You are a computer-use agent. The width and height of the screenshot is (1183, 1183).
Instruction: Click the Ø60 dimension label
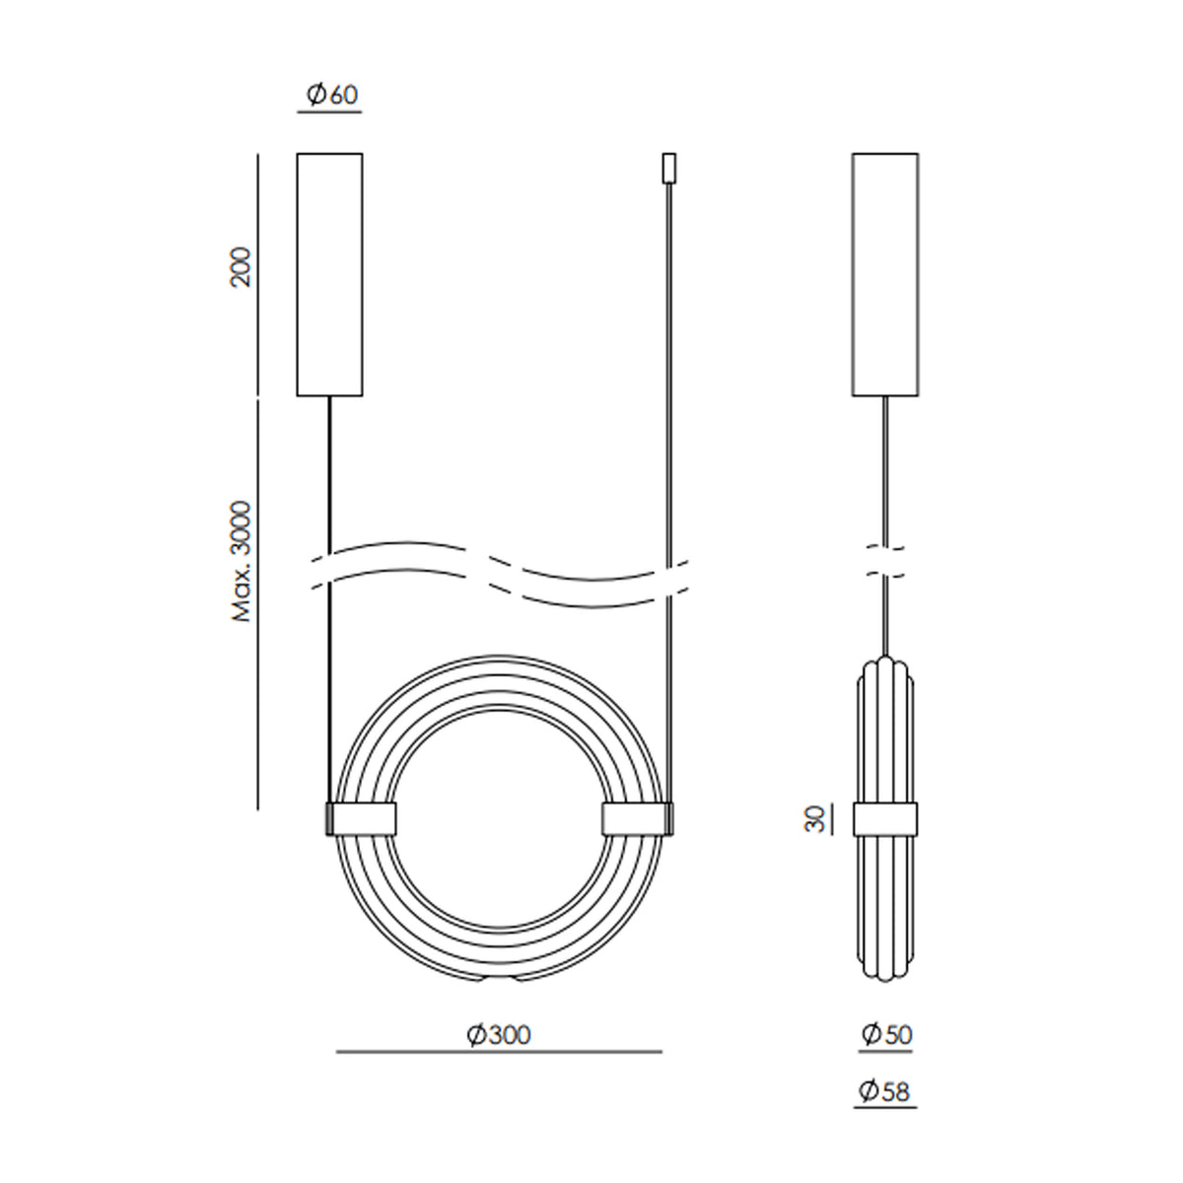coord(332,95)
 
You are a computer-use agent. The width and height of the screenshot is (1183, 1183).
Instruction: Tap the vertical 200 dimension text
coord(241,267)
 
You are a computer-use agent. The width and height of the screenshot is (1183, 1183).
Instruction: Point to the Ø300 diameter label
coord(499,1035)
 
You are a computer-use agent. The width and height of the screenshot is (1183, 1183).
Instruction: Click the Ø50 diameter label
coord(886,1034)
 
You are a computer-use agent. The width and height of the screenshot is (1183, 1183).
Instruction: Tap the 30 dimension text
coord(814,819)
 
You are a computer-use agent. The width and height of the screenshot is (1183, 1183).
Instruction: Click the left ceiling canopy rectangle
coord(329,274)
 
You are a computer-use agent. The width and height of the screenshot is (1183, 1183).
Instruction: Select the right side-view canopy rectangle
coord(885,274)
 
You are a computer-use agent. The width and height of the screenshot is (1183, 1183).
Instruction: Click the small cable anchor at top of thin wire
coord(669,168)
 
